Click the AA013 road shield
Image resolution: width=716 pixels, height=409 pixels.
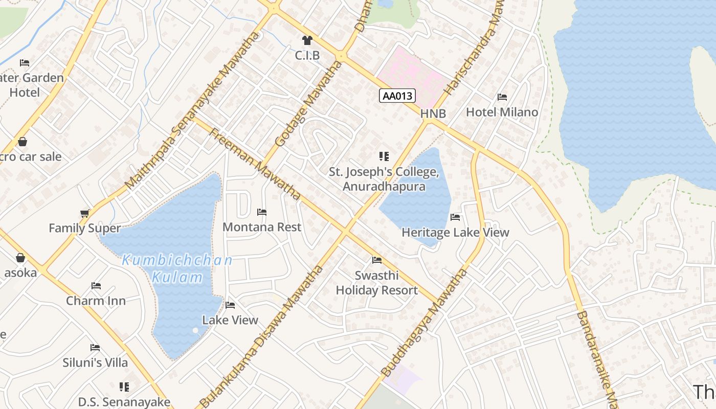[x=397, y=96]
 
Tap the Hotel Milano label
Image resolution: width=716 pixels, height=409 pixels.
[x=502, y=112]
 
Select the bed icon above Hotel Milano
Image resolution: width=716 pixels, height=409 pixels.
[x=502, y=97]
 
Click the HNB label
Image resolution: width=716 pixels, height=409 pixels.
[x=433, y=114]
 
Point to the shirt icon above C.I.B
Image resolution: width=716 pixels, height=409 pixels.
[x=307, y=40]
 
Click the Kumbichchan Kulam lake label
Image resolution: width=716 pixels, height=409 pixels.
[x=177, y=269]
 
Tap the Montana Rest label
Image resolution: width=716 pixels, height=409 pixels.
[x=262, y=227]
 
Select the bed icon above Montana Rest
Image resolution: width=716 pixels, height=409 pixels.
[x=262, y=212]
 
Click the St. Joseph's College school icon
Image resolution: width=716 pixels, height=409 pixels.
[x=384, y=156]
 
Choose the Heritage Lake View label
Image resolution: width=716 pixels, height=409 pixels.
[x=455, y=233]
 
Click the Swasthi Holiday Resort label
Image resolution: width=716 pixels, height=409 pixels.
[x=377, y=283]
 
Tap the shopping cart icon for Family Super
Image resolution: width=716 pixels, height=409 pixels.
[x=85, y=213]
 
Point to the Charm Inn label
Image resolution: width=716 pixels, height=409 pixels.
[x=96, y=301]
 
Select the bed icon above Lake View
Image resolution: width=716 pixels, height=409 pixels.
[x=230, y=305]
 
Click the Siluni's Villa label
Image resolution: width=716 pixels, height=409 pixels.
[x=95, y=362]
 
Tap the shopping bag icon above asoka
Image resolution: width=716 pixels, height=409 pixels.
[x=20, y=258]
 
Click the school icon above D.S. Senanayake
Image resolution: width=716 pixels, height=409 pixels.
[x=124, y=387]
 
